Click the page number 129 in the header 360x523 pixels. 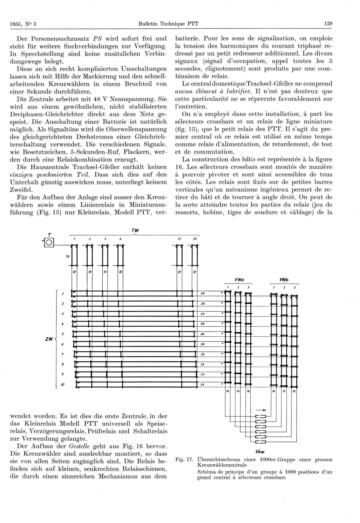pos(328,24)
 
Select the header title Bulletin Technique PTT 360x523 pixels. pos(168,24)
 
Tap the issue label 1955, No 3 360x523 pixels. pos(23,24)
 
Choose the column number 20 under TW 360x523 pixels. pos(195,239)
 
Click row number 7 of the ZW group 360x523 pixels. pos(63,354)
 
